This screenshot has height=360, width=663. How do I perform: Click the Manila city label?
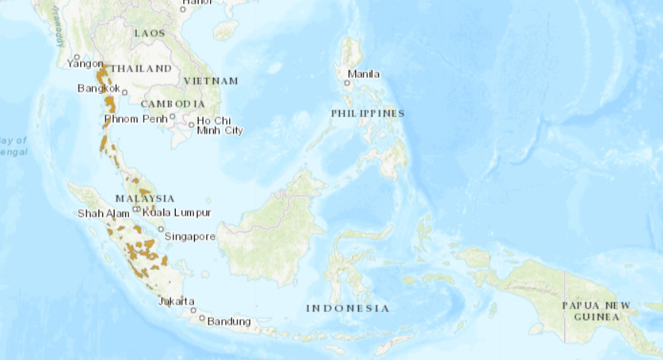click(x=363, y=74)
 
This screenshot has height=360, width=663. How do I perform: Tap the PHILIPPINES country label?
click(x=367, y=113)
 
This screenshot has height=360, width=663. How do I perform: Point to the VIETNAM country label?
click(x=211, y=81)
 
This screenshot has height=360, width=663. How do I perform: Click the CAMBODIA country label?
click(x=173, y=104)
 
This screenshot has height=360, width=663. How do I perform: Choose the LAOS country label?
click(x=149, y=34)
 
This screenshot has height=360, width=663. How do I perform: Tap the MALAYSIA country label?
click(x=145, y=198)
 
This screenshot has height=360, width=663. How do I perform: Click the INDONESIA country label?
click(x=348, y=308)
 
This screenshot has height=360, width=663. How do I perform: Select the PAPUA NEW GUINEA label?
click(x=596, y=310)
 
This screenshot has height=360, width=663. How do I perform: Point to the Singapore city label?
click(x=190, y=237)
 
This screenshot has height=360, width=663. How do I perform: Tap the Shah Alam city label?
click(x=103, y=213)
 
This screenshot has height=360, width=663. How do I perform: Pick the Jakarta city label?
click(x=176, y=301)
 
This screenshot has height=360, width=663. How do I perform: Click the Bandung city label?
click(x=228, y=321)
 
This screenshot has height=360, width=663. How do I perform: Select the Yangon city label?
click(x=85, y=63)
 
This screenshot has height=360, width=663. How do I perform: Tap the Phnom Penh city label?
click(x=135, y=119)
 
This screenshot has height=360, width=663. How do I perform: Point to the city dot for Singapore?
click(x=161, y=229)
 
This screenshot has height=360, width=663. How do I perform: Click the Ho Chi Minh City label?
click(x=219, y=125)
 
